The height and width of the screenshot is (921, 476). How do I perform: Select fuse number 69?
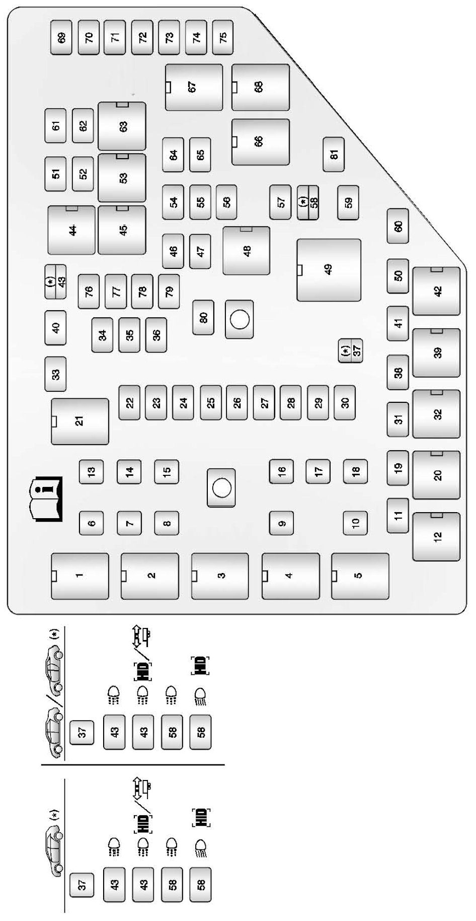pyautogui.click(x=61, y=37)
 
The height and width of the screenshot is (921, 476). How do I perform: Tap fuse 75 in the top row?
pyautogui.click(x=223, y=37)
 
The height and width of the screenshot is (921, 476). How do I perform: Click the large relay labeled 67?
pyautogui.click(x=194, y=87)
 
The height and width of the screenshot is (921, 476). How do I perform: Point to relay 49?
pyautogui.click(x=329, y=270)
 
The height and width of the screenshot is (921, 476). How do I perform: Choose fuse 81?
pyautogui.click(x=334, y=154)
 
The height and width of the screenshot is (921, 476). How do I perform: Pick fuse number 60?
pyautogui.click(x=398, y=226)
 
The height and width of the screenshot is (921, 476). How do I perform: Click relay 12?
pyautogui.click(x=436, y=536)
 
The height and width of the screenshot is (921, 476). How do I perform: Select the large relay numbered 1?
pyautogui.click(x=80, y=576)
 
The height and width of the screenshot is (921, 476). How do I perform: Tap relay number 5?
pyautogui.click(x=360, y=576)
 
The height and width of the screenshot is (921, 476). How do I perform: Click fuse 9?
pyautogui.click(x=281, y=523)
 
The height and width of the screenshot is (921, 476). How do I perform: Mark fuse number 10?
pyautogui.click(x=355, y=523)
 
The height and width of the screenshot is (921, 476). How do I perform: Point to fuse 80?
pyautogui.click(x=203, y=318)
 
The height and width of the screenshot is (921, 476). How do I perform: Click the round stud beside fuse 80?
pyautogui.click(x=240, y=319)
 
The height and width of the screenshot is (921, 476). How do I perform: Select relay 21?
pyautogui.click(x=80, y=421)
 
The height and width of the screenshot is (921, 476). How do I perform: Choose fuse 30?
pyautogui.click(x=345, y=402)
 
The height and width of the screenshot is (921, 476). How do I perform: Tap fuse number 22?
pyautogui.click(x=129, y=402)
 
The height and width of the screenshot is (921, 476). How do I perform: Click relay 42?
pyautogui.click(x=436, y=291)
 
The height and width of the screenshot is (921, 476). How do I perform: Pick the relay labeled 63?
pyautogui.click(x=122, y=126)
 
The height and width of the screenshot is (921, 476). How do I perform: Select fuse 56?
pyautogui.click(x=226, y=202)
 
